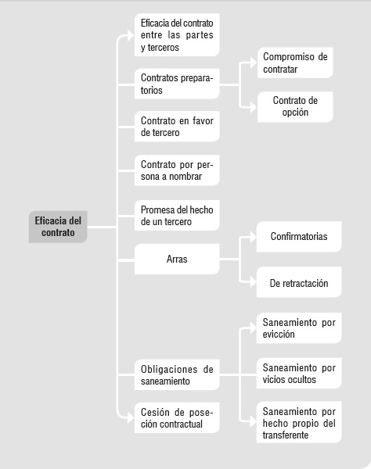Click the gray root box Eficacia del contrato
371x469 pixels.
tap(58, 227)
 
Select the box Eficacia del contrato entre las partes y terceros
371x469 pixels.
tap(177, 35)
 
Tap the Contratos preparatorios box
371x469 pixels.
tap(177, 84)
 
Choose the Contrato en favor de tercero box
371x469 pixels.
tap(177, 127)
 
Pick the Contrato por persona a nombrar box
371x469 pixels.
tap(177, 170)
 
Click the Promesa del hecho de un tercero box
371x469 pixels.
tap(177, 216)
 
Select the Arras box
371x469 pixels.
tap(177, 259)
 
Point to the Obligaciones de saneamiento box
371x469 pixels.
tap(177, 374)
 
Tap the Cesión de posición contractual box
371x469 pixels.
tap(177, 418)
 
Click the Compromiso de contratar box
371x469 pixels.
tap(295, 63)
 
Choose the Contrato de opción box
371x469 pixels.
tap(295, 107)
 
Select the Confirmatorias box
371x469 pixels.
tap(299, 237)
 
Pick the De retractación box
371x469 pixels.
tap(299, 282)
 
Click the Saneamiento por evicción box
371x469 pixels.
tap(299, 328)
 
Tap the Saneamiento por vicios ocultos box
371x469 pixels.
tap(299, 374)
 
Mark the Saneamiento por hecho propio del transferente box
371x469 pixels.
tap(299, 422)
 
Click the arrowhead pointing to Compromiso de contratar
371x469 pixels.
tap(254, 63)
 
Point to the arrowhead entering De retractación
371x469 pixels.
tap(253, 282)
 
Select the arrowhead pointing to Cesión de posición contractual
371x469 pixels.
tap(131, 417)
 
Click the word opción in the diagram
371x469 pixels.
tap(295, 113)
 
